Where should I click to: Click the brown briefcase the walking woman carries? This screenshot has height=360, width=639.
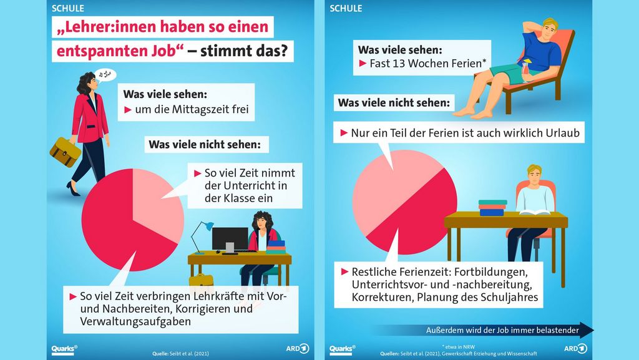coord(66,152)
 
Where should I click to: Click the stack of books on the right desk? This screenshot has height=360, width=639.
coord(492,208)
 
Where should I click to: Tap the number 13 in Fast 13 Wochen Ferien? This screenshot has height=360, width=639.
coord(409,62)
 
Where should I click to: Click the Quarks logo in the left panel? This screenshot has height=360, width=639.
coord(64,349)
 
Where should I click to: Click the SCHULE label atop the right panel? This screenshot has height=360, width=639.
coord(346,9)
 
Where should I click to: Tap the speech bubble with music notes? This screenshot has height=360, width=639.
coord(107,75)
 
